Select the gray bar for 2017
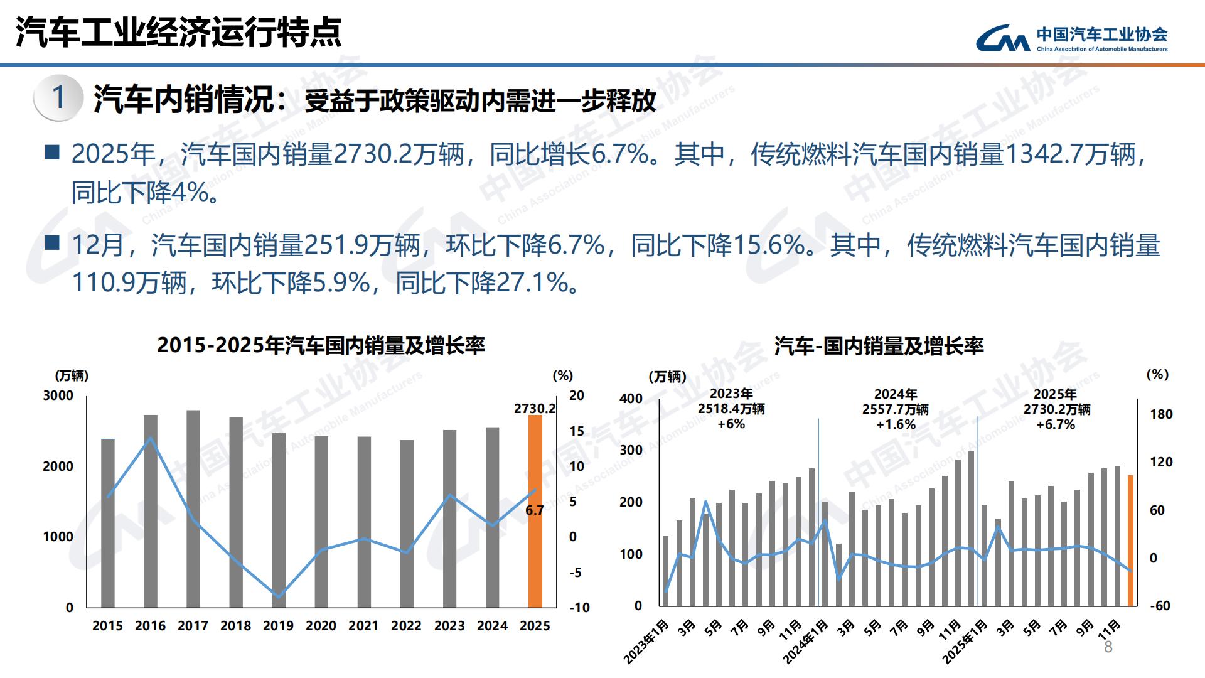(193, 508)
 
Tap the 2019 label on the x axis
(278, 626)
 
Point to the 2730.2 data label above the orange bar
(535, 409)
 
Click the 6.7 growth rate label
(535, 510)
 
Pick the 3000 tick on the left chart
(58, 395)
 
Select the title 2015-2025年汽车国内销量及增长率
(321, 345)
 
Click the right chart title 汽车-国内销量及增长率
(879, 346)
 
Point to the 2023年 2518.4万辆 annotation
(731, 409)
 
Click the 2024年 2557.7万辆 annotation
(896, 409)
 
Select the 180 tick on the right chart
(1160, 414)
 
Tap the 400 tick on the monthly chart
(631, 398)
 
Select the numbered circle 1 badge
(58, 98)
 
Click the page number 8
(1108, 647)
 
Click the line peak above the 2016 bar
(150, 438)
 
